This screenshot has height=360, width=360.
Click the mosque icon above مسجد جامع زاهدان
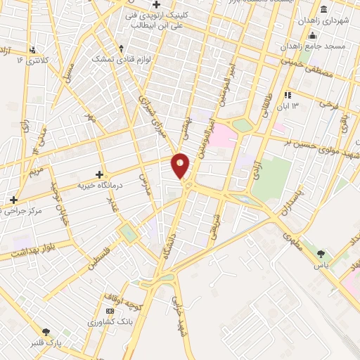(314, 36)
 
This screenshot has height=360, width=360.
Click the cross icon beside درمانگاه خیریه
(99, 174)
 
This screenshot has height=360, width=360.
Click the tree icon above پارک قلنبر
(46, 331)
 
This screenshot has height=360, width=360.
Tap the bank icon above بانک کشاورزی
(109, 311)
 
